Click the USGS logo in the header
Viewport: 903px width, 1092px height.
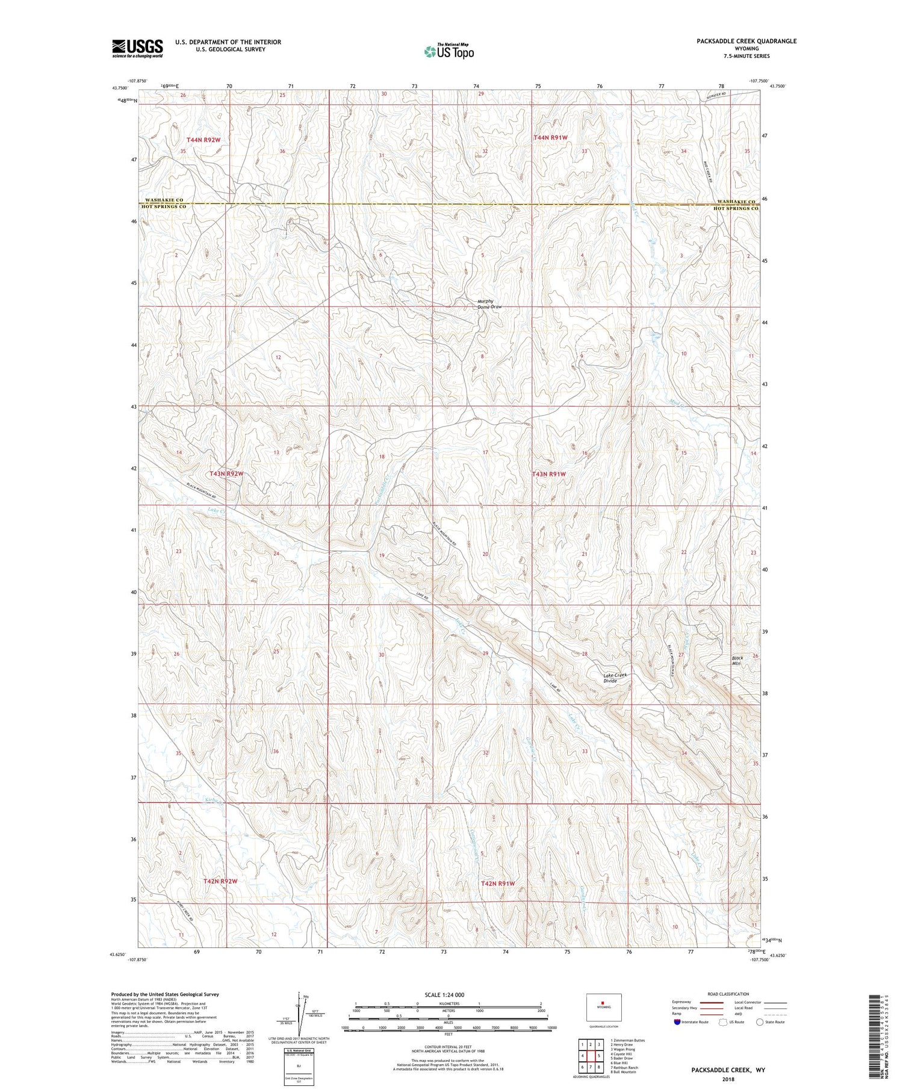coord(137,48)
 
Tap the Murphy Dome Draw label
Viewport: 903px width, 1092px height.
coord(489,304)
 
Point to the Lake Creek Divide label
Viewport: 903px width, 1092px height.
coord(615,678)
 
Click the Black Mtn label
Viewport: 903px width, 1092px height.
coord(737,660)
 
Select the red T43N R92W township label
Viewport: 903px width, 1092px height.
coord(226,473)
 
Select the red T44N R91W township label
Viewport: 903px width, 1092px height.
coord(550,138)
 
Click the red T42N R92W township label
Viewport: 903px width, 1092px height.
coord(220,881)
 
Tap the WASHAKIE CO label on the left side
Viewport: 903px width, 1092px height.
coord(162,200)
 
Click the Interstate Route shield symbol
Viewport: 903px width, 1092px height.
coord(677,1022)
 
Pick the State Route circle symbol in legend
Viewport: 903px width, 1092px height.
coord(760,1022)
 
